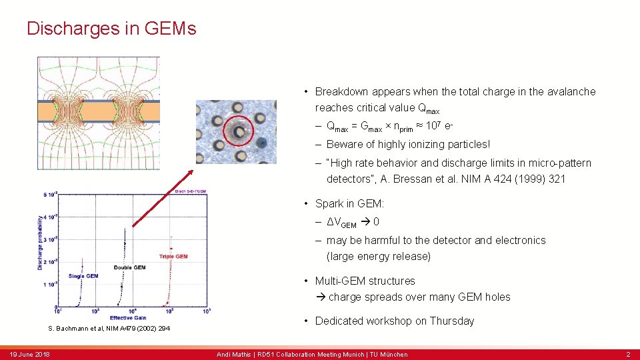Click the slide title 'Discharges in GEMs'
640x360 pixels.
(x=111, y=29)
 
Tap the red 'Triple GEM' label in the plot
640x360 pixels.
(x=173, y=256)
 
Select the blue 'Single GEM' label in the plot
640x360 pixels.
(x=83, y=276)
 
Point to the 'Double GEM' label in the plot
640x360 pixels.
(x=129, y=267)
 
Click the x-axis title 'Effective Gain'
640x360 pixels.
(x=129, y=317)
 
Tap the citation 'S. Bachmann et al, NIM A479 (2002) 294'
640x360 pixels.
(x=109, y=329)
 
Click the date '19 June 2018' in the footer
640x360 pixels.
(x=30, y=354)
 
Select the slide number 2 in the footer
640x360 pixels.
(x=627, y=354)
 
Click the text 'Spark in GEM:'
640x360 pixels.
(x=349, y=203)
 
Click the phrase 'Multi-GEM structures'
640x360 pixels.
(x=365, y=281)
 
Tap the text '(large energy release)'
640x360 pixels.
(x=378, y=256)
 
